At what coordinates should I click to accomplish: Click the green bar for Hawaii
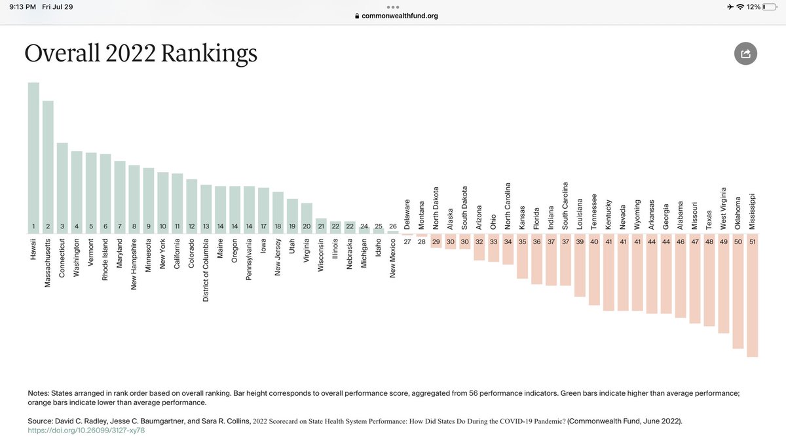(x=33, y=157)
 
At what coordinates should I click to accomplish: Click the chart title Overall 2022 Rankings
(x=141, y=54)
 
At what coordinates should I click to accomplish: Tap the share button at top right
(x=745, y=54)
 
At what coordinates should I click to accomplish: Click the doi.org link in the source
(x=86, y=431)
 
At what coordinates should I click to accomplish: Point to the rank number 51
(x=752, y=241)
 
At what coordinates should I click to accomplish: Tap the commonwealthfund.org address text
(x=399, y=16)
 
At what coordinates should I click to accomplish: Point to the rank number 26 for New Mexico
(x=392, y=226)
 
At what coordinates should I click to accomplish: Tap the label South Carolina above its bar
(x=565, y=205)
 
